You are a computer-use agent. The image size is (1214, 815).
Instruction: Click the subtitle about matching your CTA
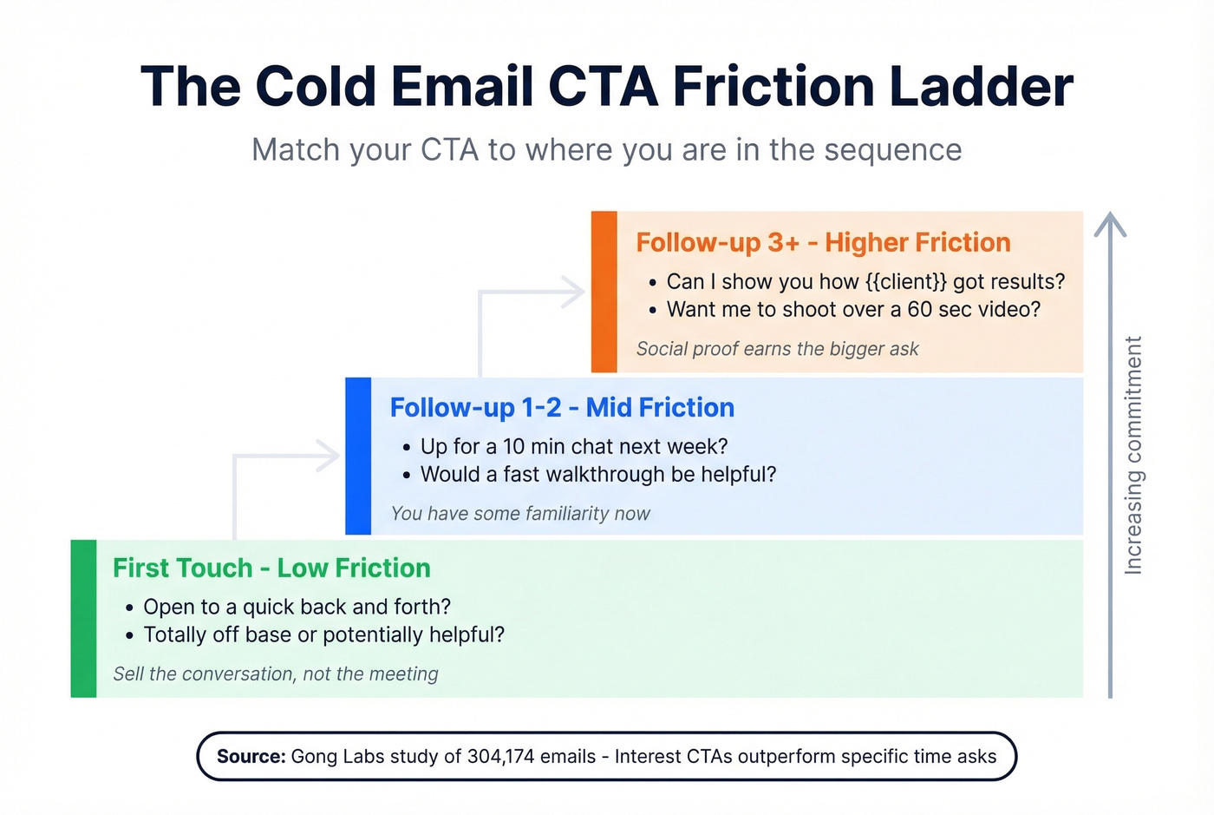606,150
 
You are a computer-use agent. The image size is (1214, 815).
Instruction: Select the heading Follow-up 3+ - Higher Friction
823,242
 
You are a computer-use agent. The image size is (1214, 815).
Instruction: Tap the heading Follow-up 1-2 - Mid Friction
562,407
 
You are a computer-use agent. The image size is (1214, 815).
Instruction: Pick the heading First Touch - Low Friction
271,568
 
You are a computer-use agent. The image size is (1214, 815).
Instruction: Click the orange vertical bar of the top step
604,292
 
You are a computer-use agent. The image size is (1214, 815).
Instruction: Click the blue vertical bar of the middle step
358,456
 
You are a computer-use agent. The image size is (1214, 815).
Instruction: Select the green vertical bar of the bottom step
83,618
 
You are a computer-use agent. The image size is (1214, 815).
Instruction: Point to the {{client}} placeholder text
905,282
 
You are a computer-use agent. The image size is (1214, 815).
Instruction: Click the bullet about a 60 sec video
853,310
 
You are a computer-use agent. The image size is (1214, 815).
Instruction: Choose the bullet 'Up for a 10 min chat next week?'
574,446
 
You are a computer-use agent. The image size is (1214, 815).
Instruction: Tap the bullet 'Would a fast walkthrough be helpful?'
598,475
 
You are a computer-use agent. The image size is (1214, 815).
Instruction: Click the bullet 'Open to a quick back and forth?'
297,607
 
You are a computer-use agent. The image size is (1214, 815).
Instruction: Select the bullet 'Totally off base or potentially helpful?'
323,634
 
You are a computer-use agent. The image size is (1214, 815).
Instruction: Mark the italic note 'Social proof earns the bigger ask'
777,349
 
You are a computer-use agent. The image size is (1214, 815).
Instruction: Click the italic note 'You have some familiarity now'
520,514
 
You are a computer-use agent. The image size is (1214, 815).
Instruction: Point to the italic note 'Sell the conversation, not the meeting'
276,674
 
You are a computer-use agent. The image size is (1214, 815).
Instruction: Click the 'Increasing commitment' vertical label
1132,456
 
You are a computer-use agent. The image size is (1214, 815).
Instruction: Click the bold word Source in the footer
251,757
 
